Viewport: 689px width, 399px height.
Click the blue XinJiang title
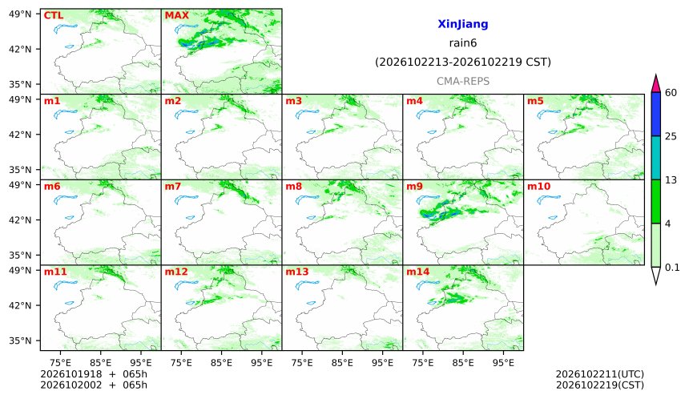click(x=463, y=24)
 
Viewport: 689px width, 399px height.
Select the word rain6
click(x=463, y=43)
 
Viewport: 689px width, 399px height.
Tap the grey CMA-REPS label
click(x=463, y=81)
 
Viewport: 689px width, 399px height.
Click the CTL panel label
click(x=54, y=15)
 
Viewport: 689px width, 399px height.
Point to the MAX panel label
click(x=176, y=15)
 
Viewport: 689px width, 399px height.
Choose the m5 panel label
click(x=535, y=101)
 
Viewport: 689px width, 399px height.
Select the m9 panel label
click(x=414, y=187)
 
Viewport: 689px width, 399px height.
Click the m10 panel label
click(x=538, y=187)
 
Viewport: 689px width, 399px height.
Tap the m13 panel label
click(x=297, y=272)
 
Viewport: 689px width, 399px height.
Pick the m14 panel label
click(x=418, y=272)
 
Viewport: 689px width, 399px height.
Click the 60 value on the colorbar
click(x=671, y=93)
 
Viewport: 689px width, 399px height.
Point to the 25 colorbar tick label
click(x=671, y=136)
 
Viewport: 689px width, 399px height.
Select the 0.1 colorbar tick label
click(x=672, y=267)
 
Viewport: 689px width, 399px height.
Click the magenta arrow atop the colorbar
click(x=655, y=85)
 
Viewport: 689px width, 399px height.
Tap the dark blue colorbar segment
click(x=655, y=115)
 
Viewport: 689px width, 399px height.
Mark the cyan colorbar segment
click(x=655, y=158)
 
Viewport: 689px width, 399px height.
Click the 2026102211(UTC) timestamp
click(x=600, y=374)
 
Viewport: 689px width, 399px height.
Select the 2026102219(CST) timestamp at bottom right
click(x=600, y=385)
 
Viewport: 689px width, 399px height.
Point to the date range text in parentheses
click(x=463, y=62)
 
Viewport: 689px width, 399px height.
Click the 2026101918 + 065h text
click(x=94, y=374)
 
